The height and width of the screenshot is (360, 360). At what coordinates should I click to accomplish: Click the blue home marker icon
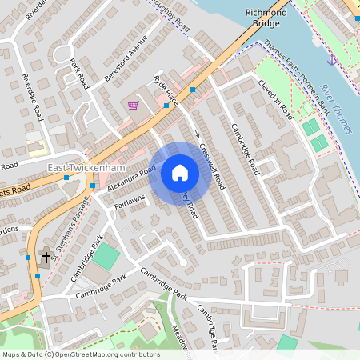(180, 173)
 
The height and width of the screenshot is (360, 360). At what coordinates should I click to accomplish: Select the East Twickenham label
(78, 166)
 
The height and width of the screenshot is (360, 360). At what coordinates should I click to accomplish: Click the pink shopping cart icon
(132, 106)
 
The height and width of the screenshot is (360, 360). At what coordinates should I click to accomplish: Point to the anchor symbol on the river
(330, 59)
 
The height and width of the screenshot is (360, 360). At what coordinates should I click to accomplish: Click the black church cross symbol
(46, 258)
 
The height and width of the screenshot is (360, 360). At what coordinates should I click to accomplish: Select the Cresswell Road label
(214, 166)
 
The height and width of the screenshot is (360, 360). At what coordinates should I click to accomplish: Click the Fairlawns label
(129, 206)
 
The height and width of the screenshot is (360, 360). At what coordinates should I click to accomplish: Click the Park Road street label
(78, 72)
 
